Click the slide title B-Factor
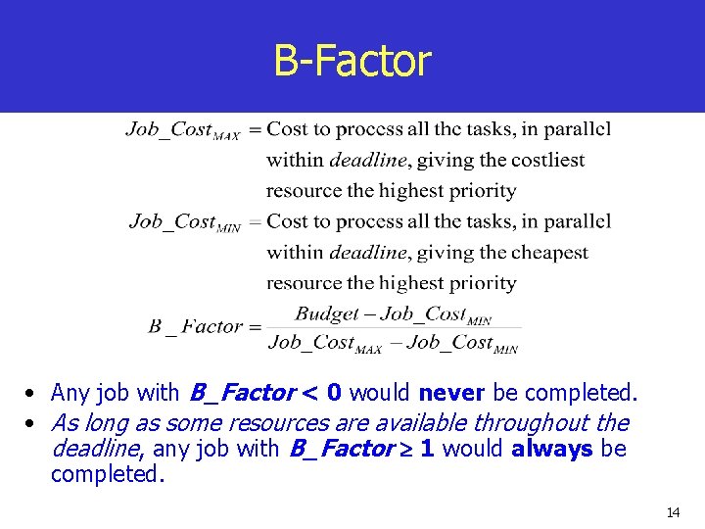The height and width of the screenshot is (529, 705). [352, 61]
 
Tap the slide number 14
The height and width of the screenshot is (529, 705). [673, 512]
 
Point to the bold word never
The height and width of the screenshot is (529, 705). [452, 393]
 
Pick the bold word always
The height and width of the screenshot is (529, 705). [552, 449]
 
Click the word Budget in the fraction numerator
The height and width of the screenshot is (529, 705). [328, 313]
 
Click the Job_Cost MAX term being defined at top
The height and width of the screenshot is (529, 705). [182, 129]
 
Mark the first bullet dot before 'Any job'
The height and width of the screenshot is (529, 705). [32, 394]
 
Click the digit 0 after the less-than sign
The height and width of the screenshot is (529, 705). [335, 393]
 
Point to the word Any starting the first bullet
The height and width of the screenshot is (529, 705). [70, 393]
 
